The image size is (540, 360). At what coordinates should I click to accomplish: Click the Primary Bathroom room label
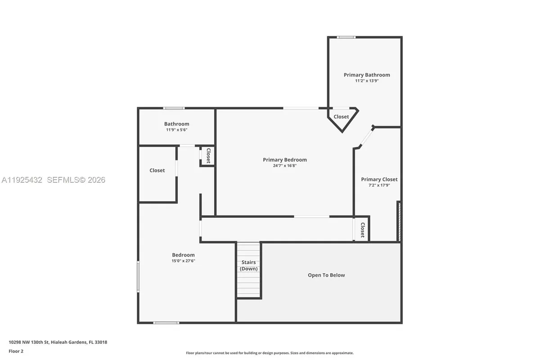367,75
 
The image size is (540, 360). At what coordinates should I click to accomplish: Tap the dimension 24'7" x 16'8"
285,166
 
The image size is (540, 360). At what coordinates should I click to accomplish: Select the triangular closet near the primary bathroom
341,117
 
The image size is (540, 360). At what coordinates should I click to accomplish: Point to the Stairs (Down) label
248,265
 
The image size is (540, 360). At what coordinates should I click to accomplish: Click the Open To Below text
326,275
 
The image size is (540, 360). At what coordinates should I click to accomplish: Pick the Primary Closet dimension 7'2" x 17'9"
379,185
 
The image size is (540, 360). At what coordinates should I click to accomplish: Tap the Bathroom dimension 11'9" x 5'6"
176,130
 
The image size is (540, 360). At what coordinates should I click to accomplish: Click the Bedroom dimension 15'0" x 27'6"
183,261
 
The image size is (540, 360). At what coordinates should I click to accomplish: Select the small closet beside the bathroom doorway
208,156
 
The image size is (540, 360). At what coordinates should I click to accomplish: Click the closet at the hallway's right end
362,230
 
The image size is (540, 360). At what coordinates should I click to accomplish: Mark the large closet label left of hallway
157,171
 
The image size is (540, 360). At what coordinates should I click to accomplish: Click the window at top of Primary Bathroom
346,37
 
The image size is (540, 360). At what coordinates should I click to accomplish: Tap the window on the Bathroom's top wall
174,108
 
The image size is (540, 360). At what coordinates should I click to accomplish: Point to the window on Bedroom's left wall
139,277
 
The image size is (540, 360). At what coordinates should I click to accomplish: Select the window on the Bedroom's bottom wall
166,322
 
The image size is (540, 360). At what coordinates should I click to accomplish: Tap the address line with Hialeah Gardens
58,342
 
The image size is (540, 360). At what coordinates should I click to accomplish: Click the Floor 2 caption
16,351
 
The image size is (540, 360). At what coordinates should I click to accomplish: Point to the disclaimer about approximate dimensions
270,353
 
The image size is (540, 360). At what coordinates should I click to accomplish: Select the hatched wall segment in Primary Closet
398,221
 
